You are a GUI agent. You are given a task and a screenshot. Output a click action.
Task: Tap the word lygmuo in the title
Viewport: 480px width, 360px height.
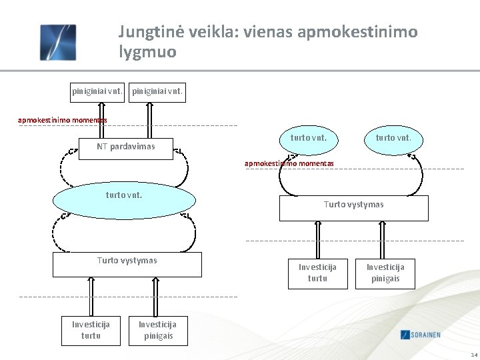[x=147, y=51]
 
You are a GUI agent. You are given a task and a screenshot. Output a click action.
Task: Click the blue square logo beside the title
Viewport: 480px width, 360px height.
[x=58, y=42]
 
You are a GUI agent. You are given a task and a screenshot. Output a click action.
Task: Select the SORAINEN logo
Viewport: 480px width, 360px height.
[x=430, y=334]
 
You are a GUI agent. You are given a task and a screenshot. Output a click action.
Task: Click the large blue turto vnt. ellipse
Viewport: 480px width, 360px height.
[x=124, y=199]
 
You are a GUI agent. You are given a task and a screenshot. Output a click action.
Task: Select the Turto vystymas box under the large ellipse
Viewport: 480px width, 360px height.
[x=127, y=264]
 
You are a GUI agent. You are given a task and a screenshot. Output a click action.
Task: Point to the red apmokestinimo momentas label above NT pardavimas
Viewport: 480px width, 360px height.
[x=63, y=121]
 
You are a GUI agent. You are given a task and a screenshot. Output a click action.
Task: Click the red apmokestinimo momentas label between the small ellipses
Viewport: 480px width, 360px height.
[x=289, y=163]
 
